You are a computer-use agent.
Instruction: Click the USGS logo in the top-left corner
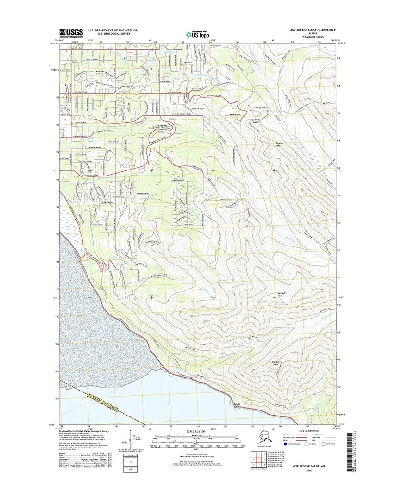[x=71, y=32]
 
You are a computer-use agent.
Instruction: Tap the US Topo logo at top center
[x=199, y=34]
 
